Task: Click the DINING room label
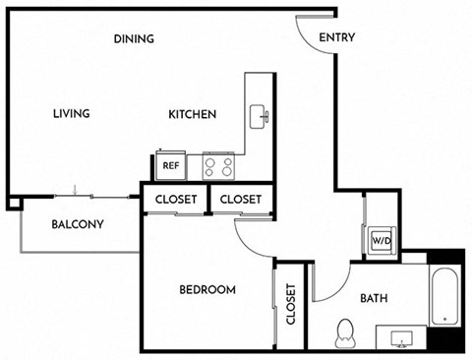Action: [134, 39]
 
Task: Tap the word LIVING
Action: [72, 114]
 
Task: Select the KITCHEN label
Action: [192, 114]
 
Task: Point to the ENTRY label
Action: [337, 37]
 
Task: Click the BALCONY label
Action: [78, 224]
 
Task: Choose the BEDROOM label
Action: [207, 290]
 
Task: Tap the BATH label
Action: [374, 298]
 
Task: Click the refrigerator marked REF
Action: [171, 165]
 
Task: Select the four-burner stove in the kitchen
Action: [218, 166]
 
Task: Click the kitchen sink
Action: [259, 116]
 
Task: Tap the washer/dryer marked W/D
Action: [382, 241]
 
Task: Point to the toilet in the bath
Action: [345, 333]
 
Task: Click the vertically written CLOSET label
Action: [291, 304]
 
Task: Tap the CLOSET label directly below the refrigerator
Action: [176, 200]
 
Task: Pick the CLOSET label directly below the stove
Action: [241, 200]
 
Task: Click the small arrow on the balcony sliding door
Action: [75, 190]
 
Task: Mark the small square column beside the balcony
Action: [15, 204]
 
